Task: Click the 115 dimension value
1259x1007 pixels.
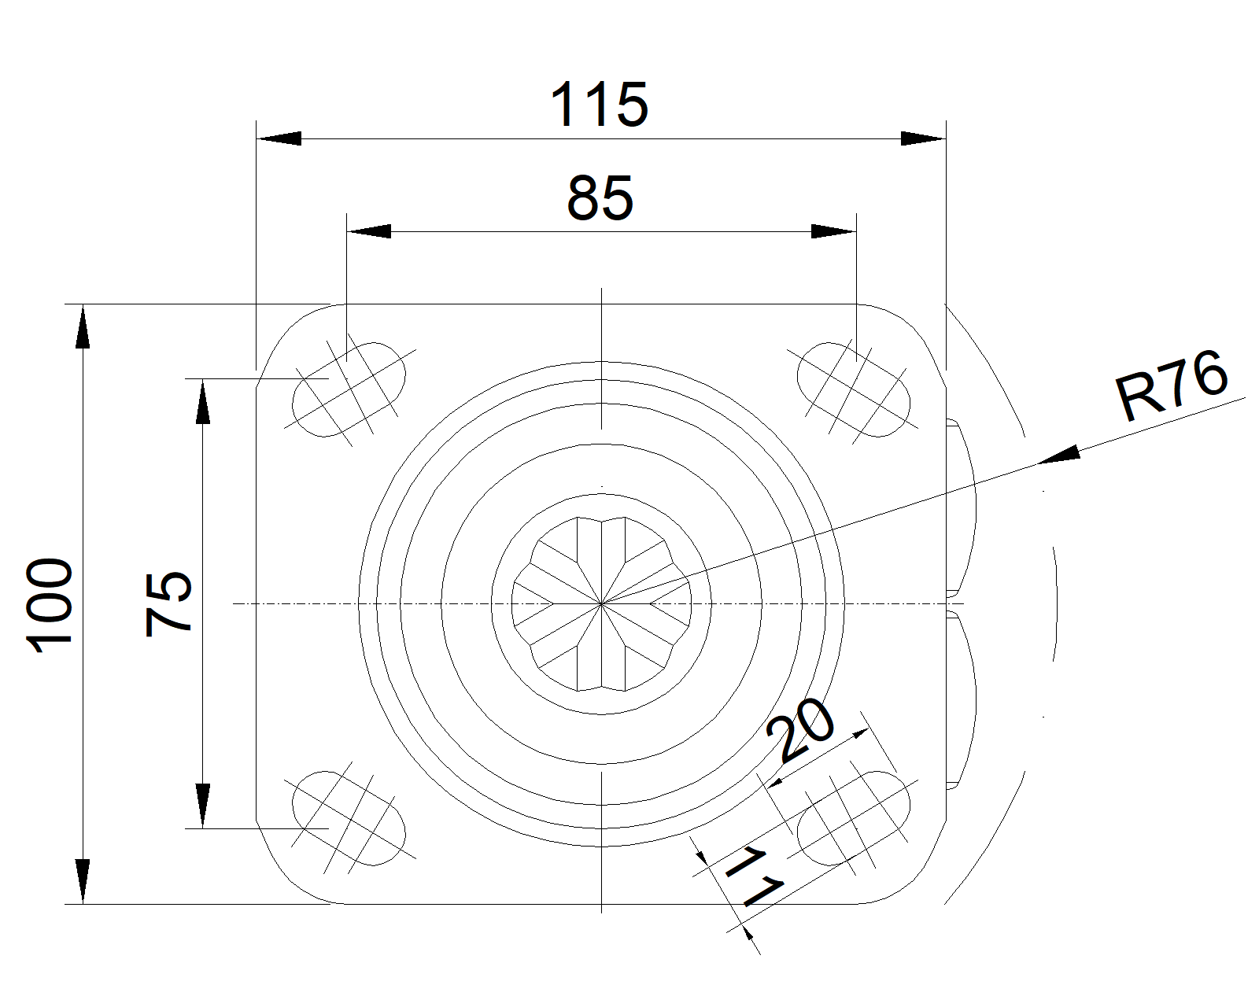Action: pos(600,105)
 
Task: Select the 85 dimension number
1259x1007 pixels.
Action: pos(600,198)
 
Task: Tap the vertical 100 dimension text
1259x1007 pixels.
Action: pos(49,605)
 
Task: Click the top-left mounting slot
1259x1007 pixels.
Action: pos(349,389)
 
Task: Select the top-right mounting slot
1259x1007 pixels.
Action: pos(854,389)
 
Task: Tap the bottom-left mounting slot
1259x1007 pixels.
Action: pos(349,817)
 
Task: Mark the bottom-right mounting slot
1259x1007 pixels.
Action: pos(854,817)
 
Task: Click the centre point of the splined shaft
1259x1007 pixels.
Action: pos(601,603)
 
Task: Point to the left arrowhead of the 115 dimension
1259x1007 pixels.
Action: pos(279,138)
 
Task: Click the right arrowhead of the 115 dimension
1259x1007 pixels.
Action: pos(923,138)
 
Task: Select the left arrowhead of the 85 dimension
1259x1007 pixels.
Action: pos(369,231)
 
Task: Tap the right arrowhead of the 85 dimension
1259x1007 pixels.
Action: pos(833,231)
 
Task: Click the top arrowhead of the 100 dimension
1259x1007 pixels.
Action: pos(83,326)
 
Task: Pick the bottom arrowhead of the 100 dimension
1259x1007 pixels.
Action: pos(83,881)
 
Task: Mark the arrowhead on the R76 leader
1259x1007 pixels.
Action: pos(1059,455)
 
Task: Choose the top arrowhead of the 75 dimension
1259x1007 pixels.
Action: pos(202,401)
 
